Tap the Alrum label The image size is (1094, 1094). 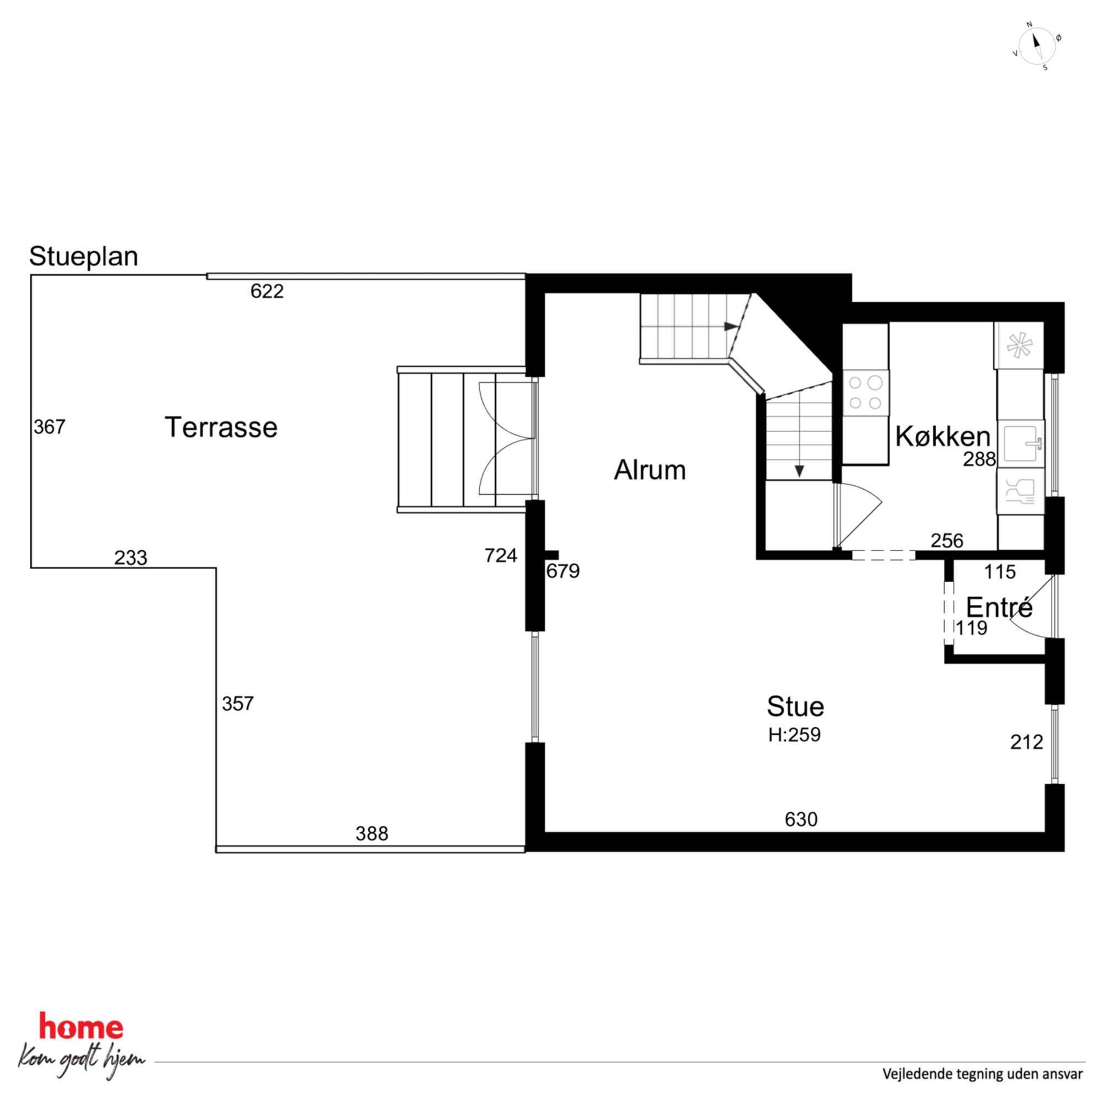[650, 470]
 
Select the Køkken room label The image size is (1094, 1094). [943, 437]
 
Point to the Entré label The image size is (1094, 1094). [1000, 608]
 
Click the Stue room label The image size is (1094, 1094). [795, 707]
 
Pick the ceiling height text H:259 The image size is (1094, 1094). [795, 735]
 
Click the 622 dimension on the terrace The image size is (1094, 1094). [267, 292]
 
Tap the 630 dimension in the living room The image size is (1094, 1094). [801, 819]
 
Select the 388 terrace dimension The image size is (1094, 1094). [372, 834]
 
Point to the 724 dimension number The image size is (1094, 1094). [501, 556]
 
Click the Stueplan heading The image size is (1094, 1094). [84, 256]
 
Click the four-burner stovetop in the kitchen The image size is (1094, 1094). [865, 393]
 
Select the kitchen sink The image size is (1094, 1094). [1021, 444]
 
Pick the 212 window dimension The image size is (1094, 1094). [1027, 742]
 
